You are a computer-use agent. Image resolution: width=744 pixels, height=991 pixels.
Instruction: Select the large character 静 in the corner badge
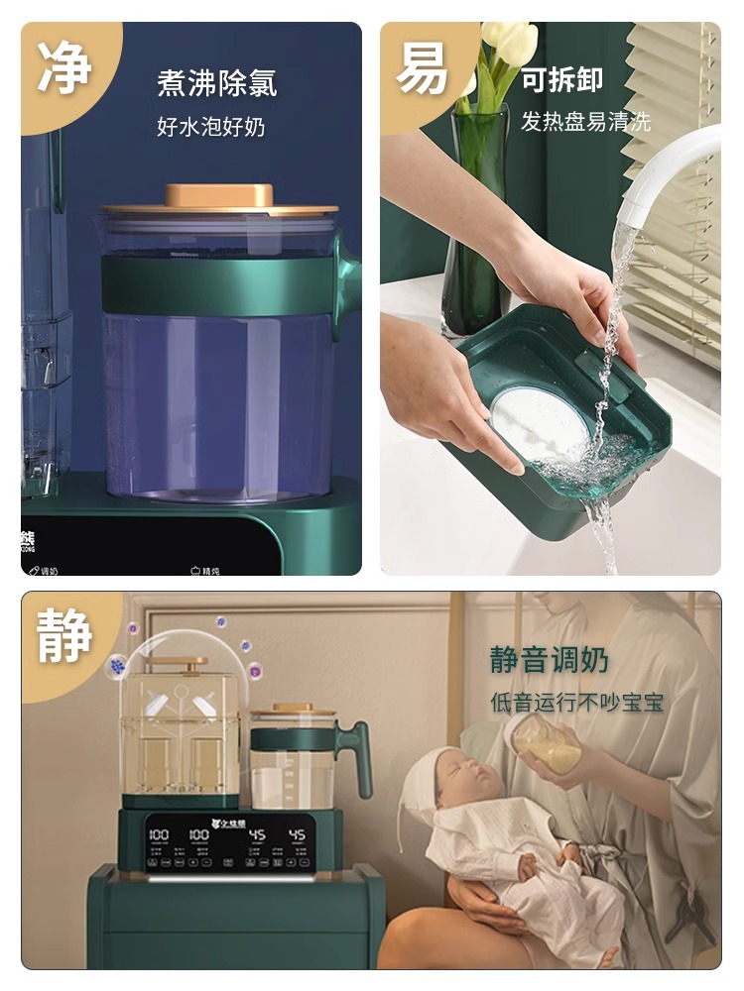point(65,635)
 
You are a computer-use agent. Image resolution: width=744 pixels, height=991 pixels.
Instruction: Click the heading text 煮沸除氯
point(216,83)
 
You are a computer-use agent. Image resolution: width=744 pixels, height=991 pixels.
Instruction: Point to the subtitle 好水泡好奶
point(210,127)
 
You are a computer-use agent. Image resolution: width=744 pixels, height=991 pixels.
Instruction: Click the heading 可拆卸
point(562,80)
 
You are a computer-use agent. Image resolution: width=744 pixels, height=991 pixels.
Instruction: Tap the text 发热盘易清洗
point(585,122)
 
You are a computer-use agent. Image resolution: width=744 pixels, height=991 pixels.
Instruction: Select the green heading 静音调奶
point(550,660)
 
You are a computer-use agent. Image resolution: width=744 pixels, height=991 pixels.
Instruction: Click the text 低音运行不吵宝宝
point(576,703)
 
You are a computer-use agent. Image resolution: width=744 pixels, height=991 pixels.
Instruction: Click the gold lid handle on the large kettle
point(219,194)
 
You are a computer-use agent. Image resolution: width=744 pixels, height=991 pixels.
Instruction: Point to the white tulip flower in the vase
point(509,44)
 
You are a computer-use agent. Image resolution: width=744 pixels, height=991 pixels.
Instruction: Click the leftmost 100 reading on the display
point(158,835)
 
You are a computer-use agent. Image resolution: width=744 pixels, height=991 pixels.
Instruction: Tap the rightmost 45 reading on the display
point(297,835)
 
